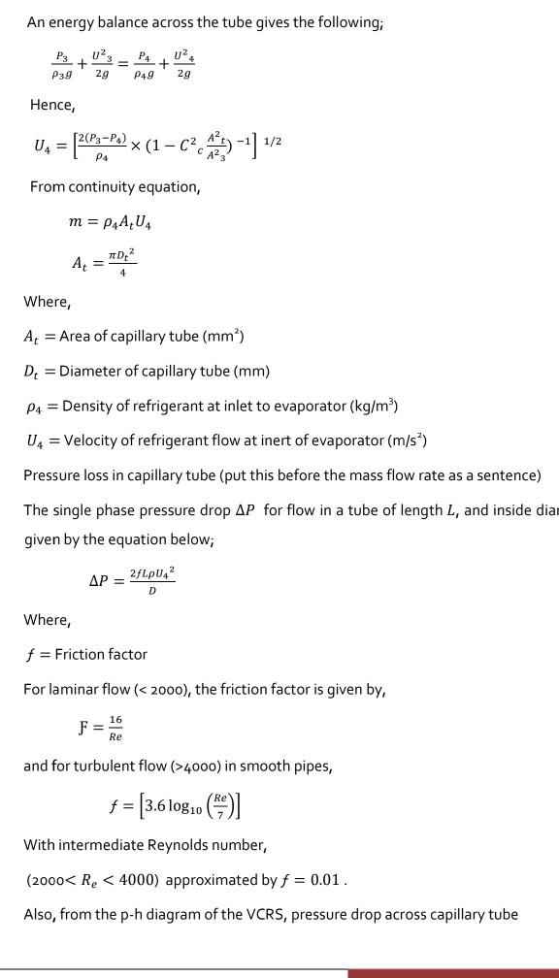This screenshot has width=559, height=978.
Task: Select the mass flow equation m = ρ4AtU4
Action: point(110,222)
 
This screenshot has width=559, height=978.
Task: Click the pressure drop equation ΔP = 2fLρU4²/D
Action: point(132,580)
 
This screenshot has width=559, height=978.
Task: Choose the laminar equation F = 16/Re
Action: point(101,728)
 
